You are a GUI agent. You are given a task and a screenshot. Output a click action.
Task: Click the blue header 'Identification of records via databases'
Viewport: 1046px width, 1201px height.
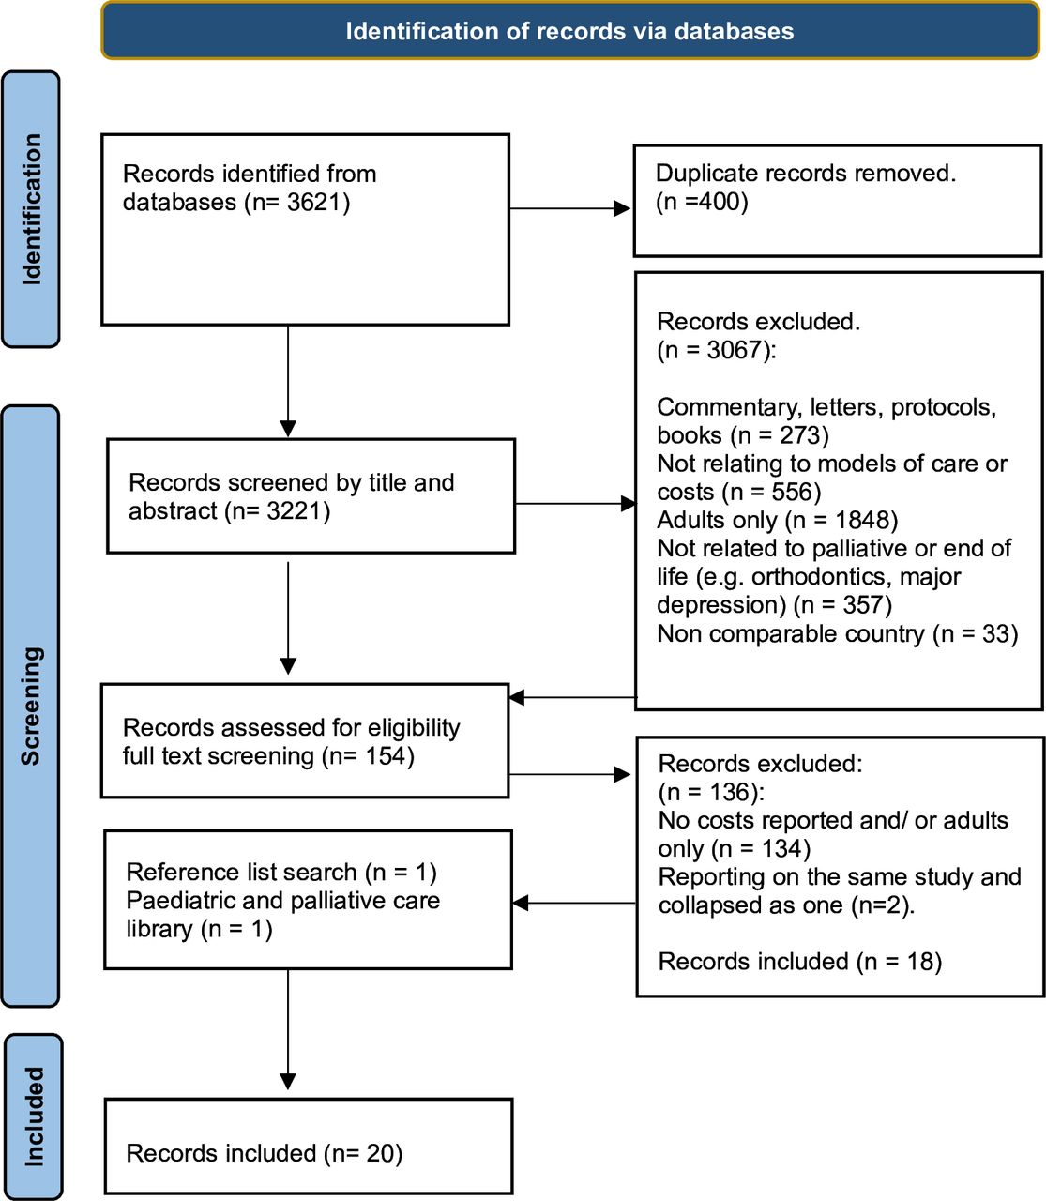(x=569, y=31)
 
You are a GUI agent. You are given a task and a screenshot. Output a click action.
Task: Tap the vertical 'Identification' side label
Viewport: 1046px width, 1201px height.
(x=32, y=209)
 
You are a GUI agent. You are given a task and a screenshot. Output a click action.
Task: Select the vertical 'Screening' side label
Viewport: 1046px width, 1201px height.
(x=31, y=706)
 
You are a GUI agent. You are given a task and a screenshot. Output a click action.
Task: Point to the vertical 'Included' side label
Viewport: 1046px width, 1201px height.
(x=34, y=1117)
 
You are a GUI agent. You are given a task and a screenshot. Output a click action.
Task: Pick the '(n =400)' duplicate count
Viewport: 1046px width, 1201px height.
(x=702, y=202)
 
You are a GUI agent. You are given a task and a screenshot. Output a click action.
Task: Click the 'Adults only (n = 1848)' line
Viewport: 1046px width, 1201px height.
(x=777, y=521)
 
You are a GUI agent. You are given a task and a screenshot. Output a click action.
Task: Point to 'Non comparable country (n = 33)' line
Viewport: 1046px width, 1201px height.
(x=837, y=634)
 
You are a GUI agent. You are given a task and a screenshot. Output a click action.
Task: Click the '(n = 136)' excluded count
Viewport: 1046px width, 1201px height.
(x=711, y=793)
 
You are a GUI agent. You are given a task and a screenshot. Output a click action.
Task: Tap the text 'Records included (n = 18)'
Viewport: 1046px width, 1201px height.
(x=799, y=962)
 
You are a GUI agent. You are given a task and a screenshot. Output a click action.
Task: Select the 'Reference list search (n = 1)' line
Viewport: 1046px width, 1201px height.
(x=280, y=873)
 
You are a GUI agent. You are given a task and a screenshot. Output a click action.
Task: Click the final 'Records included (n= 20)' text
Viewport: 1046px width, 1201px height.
(x=264, y=1153)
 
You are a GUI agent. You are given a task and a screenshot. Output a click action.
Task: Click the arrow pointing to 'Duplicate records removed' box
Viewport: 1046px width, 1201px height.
(x=620, y=208)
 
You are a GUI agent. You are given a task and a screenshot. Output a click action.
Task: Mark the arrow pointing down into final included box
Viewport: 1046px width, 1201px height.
(x=288, y=1079)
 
